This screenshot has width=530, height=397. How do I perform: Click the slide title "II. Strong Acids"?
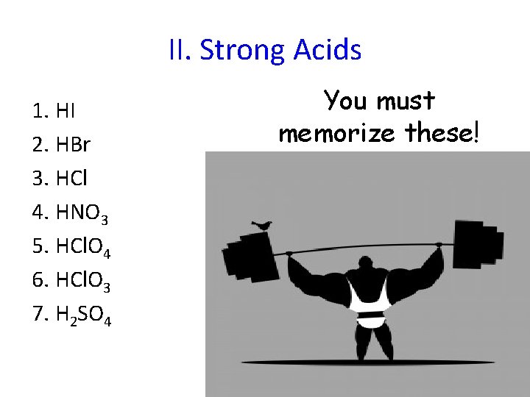[265, 50]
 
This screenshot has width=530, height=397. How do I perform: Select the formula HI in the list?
[66, 112]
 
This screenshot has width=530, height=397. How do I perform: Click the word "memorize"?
[336, 133]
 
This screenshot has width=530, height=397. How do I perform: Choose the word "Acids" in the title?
[327, 50]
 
